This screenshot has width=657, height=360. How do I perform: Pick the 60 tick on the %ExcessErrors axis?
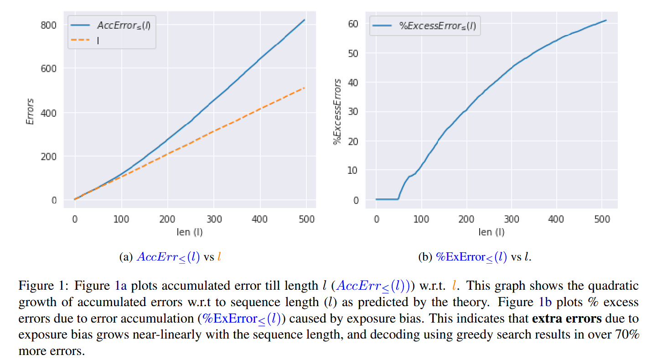coord(353,23)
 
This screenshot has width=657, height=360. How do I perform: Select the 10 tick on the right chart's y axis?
coord(353,170)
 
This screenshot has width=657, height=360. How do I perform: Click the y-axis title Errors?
coord(30,112)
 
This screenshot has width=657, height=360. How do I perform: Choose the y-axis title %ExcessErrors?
coord(338,112)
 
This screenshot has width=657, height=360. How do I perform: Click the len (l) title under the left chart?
coord(190,232)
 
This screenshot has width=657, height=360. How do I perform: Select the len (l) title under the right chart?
coord(491,232)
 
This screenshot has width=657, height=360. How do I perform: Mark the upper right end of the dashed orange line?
coord(304,88)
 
